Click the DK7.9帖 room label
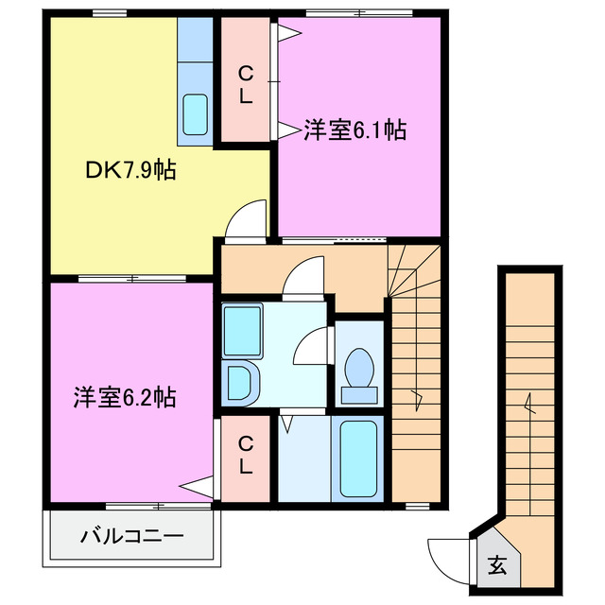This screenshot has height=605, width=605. (x=131, y=171)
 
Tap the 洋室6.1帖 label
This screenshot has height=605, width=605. (x=355, y=130)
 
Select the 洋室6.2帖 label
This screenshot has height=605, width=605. (x=124, y=396)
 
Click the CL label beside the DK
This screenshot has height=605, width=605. (x=245, y=84)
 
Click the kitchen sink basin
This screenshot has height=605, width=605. (x=196, y=114)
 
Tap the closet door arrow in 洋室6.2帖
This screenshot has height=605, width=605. (x=196, y=488)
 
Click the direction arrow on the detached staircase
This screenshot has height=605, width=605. (x=530, y=408)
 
